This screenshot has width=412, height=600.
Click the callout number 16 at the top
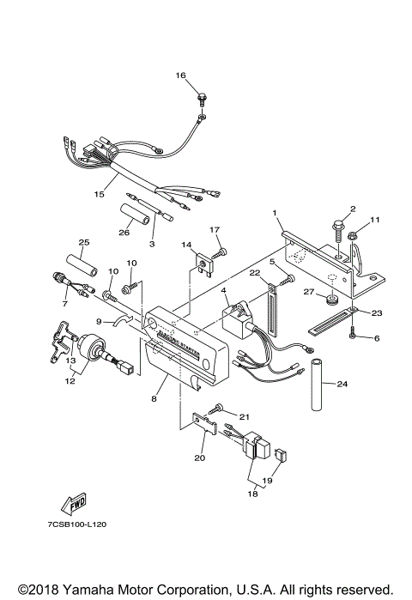click(181, 76)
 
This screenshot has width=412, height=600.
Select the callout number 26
click(124, 231)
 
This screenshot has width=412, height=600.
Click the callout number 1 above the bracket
click(275, 211)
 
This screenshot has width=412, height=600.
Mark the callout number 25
click(85, 241)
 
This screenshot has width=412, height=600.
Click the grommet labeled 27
click(330, 300)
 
